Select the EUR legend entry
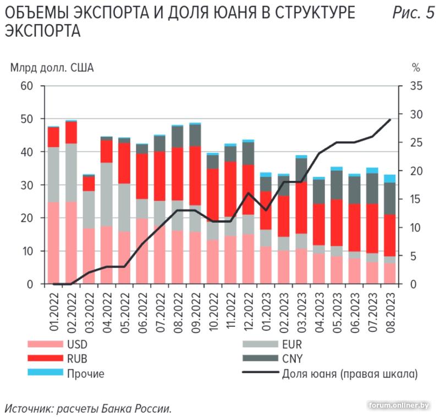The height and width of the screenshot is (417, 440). click(291, 345)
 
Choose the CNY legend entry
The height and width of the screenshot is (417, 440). click(292, 359)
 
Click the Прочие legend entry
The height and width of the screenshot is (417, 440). click(86, 374)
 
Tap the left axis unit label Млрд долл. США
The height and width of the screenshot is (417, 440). click(52, 68)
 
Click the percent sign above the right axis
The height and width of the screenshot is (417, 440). click(416, 68)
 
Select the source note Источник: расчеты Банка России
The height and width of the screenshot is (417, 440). click(89, 408)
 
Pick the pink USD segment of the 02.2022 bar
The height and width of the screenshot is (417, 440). click(71, 242)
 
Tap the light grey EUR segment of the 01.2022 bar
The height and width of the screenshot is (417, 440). click(53, 174)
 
